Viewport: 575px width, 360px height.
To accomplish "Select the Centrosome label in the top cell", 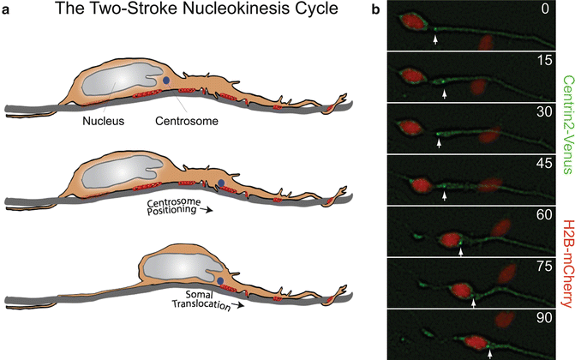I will pyautogui.click(x=189, y=121).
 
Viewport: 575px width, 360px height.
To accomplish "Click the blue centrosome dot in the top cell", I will pyautogui.click(x=166, y=80).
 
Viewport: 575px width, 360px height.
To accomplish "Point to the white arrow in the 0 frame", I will pyautogui.click(x=435, y=39).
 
